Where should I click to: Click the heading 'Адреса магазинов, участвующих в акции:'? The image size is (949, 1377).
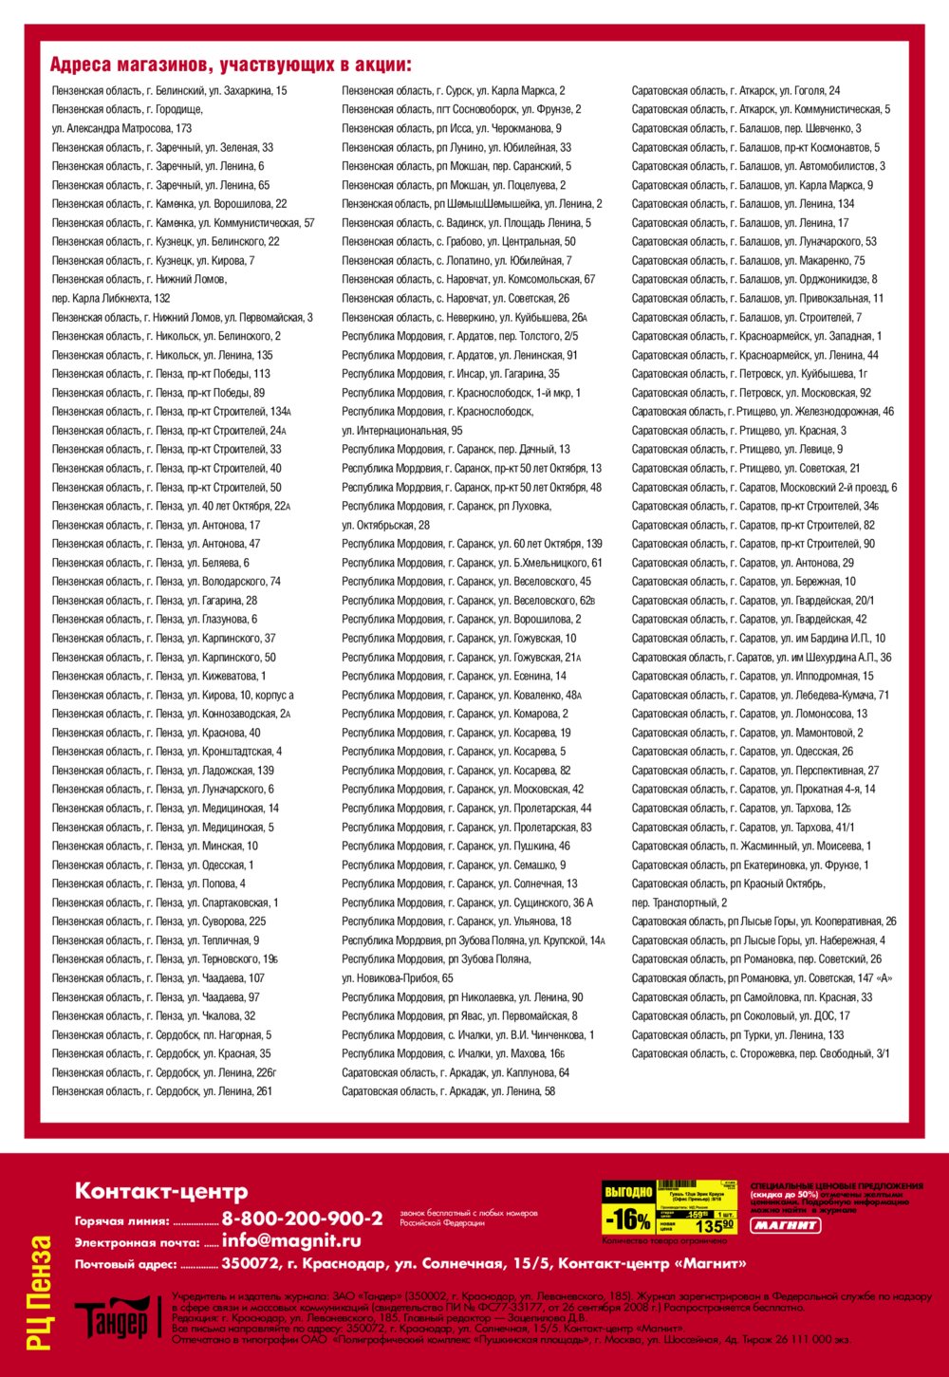click(230, 65)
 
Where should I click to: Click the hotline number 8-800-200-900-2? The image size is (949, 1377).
click(302, 1219)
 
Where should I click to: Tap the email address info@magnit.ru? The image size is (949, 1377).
click(291, 1240)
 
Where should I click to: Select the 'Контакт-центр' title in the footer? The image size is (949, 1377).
click(161, 1191)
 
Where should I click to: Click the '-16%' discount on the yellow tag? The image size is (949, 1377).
click(627, 1218)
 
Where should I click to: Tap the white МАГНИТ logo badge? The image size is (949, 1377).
click(786, 1225)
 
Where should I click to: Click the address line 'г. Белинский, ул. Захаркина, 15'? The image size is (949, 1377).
click(169, 91)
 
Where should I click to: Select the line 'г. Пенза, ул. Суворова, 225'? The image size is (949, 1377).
click(158, 921)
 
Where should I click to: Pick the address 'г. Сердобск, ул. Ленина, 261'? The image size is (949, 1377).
click(161, 1091)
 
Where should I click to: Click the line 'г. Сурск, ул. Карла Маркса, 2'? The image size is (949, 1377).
click(453, 91)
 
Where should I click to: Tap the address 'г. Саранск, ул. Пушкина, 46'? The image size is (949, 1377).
click(456, 846)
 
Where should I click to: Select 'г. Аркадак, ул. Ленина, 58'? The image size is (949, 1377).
click(448, 1091)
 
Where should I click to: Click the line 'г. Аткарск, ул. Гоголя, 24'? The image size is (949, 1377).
click(735, 91)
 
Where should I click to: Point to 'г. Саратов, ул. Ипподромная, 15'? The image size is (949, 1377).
click(753, 676)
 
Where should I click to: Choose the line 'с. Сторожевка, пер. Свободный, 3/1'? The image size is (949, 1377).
click(760, 1053)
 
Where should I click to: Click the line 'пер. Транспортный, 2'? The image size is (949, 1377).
click(679, 902)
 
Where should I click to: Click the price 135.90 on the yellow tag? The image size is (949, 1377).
click(715, 1225)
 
